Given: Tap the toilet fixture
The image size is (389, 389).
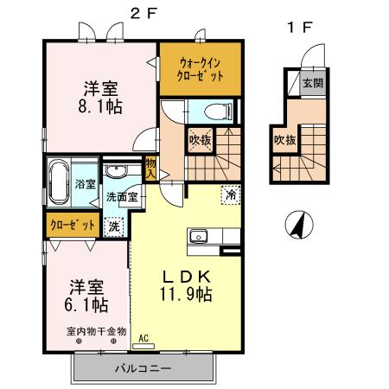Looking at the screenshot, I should point(217,111).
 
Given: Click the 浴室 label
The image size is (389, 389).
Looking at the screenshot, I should point(86,183).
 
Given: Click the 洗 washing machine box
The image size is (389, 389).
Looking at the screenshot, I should point(113,226).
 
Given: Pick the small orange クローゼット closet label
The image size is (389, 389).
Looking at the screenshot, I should point(72,226).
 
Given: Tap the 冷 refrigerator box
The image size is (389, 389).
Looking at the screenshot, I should point(231,195).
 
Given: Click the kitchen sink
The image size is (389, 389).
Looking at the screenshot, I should point(198,235).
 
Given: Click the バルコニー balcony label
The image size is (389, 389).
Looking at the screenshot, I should point(143,368).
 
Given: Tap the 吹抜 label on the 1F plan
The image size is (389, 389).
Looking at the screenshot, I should point(283,140).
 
